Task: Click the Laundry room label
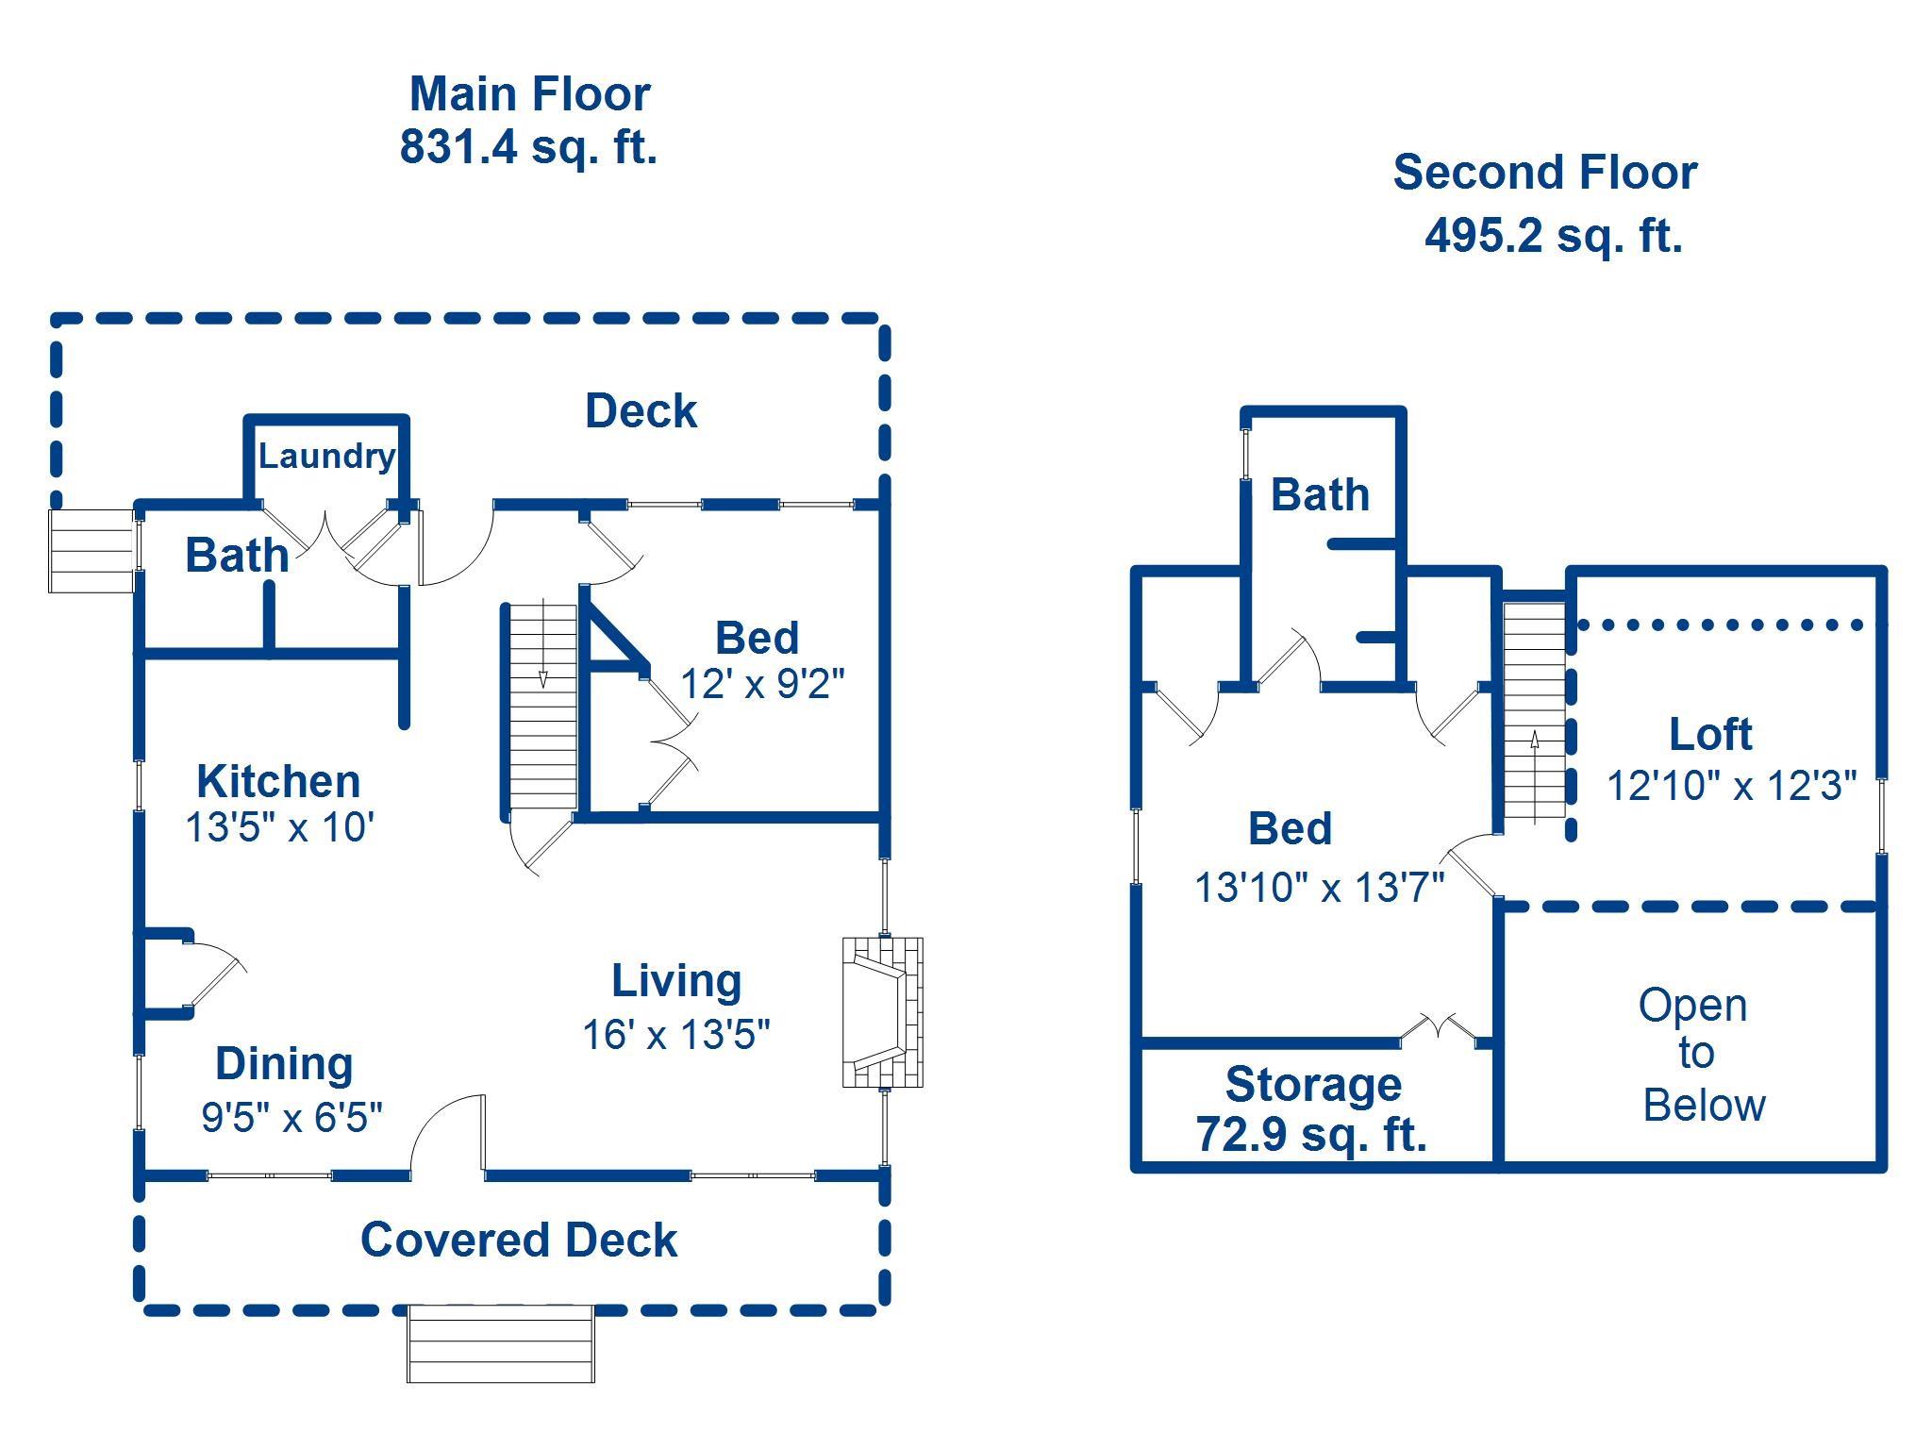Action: [x=326, y=457]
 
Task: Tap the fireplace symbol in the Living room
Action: [x=882, y=1012]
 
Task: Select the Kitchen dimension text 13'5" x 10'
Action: [x=280, y=827]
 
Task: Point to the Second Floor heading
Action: [x=1545, y=173]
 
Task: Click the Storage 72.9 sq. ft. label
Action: [x=1312, y=1109]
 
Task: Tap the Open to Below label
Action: [x=1695, y=1055]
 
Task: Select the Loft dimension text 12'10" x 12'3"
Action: [x=1732, y=785]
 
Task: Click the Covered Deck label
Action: [x=519, y=1240]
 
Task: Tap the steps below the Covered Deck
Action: [x=501, y=1344]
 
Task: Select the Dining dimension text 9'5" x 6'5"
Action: [x=292, y=1117]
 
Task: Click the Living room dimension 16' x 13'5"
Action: [x=676, y=1035]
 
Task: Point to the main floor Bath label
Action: [x=237, y=555]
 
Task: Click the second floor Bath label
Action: [x=1320, y=494]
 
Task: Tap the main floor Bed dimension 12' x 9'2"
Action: [x=762, y=684]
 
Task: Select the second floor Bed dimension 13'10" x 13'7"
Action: [x=1320, y=888]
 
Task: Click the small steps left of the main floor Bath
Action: [x=92, y=551]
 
